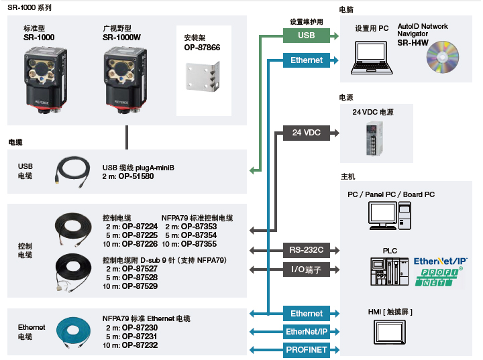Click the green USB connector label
pos(306,36)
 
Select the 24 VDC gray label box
pos(306,133)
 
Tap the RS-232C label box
pos(306,250)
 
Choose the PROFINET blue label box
pos(306,349)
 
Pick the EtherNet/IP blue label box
pos(306,331)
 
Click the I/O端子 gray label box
pos(306,269)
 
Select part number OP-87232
pos(140,345)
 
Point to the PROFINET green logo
pos(440,278)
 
